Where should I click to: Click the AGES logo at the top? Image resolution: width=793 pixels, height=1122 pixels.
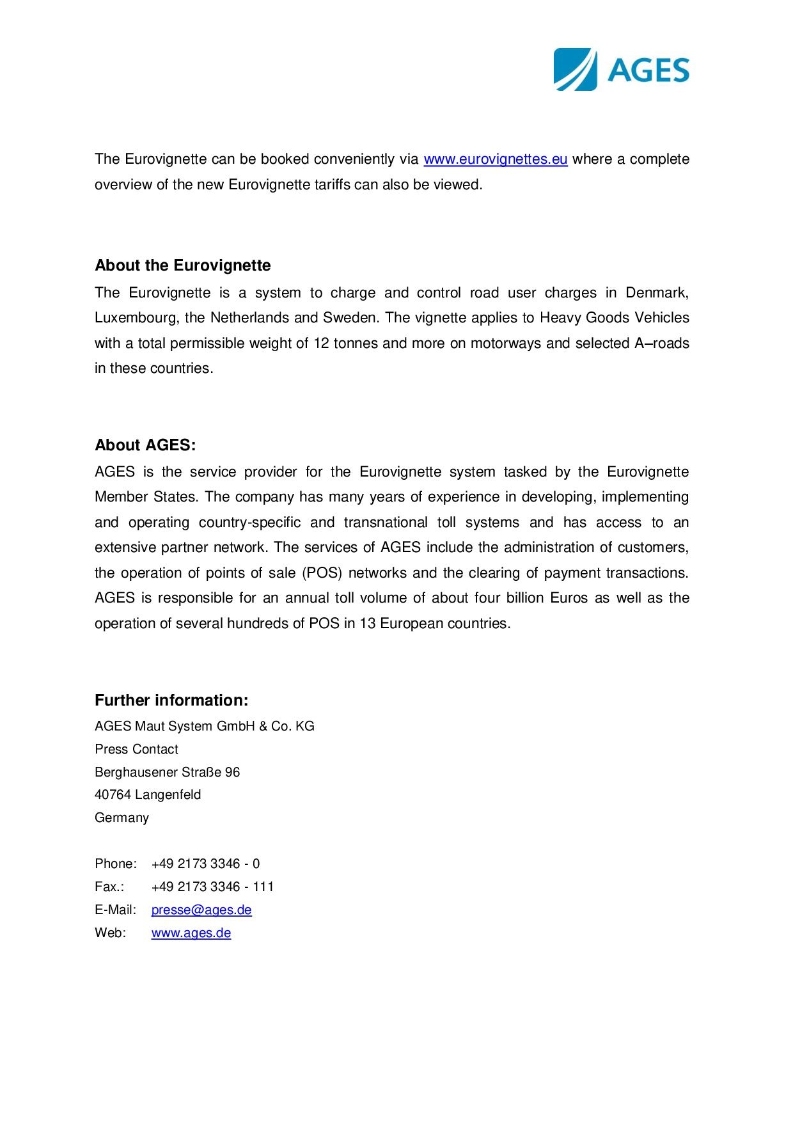621,69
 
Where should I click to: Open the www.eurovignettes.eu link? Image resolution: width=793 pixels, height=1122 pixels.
495,159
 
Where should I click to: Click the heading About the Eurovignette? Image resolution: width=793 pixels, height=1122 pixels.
182,265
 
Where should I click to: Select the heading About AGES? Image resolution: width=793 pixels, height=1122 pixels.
145,445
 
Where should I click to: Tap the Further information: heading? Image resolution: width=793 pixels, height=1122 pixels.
171,700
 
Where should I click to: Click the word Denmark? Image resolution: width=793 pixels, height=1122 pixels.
656,293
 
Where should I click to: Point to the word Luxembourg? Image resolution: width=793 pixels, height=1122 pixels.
136,318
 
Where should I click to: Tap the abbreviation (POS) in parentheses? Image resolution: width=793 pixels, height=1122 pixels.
322,573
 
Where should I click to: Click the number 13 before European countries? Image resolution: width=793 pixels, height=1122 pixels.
367,624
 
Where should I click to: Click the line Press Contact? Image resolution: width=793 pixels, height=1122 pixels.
136,749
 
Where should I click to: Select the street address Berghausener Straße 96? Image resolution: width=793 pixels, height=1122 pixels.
167,772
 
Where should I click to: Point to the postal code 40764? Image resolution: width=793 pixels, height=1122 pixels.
113,795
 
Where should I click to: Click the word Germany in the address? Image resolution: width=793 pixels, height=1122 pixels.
122,818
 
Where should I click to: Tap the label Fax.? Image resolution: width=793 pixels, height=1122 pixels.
109,887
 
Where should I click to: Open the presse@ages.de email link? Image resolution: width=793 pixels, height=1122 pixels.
201,910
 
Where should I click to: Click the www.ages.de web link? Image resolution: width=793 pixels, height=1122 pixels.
191,933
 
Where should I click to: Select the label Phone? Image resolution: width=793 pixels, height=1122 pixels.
116,864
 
